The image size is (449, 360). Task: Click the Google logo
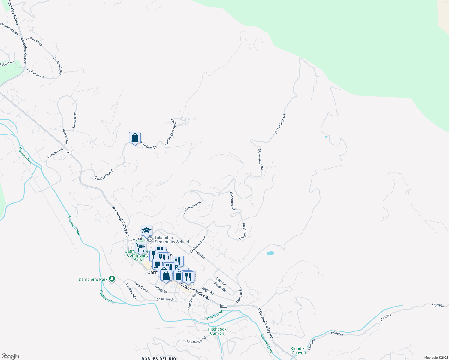(x=10, y=356)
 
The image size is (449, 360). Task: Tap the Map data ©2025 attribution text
(x=436, y=358)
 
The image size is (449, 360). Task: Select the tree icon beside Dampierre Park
(x=112, y=279)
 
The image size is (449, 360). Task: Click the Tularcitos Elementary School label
(x=172, y=240)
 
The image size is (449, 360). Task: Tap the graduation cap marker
(x=146, y=230)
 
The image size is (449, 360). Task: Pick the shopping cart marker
(x=140, y=248)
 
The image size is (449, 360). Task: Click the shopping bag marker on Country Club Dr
(x=135, y=138)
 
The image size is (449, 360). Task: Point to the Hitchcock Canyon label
(x=217, y=331)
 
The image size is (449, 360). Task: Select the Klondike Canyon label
(x=298, y=351)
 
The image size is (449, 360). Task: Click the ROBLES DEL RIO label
(x=159, y=358)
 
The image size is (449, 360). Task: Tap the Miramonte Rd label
(x=9, y=29)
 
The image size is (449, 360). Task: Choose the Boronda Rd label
(x=55, y=153)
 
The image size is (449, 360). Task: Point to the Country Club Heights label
(x=170, y=132)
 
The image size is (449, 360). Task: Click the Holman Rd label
(x=239, y=295)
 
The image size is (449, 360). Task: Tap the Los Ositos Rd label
(x=196, y=340)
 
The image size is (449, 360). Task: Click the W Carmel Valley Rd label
(x=120, y=221)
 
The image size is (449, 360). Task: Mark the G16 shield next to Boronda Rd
(x=70, y=152)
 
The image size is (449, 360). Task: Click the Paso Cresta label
(x=141, y=287)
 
